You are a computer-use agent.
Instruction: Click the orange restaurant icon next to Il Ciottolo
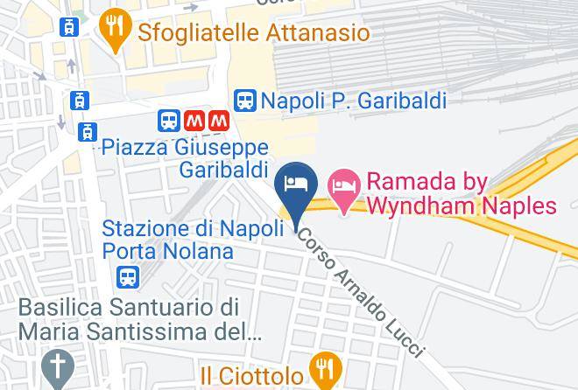pos(325,369)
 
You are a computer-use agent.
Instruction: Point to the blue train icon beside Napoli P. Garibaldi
pos(246,100)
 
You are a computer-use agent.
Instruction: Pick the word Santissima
pos(145,332)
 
